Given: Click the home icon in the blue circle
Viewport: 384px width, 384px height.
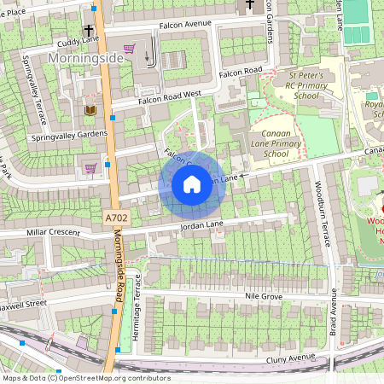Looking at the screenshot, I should coord(192,183).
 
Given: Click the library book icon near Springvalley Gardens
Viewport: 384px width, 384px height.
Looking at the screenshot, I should coord(90,109).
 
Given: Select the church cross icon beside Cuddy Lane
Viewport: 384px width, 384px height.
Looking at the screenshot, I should coord(88,29).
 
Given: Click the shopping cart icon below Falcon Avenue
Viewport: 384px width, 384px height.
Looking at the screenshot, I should coord(129,48).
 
